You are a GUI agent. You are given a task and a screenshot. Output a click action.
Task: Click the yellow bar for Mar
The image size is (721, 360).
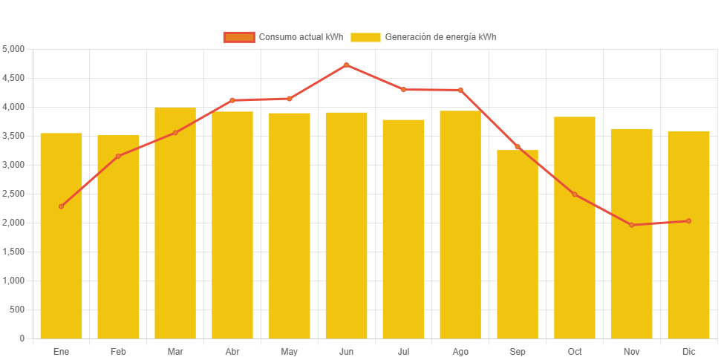coord(175,223)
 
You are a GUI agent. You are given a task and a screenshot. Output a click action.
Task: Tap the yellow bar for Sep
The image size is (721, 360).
coord(518,244)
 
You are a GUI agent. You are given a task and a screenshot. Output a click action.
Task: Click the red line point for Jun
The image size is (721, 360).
coord(346,65)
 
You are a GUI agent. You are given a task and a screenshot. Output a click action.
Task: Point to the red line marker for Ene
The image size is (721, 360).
coord(61,206)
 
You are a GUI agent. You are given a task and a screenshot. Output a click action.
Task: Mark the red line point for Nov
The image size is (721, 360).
coord(632,225)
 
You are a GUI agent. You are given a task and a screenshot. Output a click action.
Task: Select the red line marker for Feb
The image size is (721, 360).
coord(118,156)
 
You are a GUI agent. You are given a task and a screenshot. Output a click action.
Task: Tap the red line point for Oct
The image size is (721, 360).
coord(575,194)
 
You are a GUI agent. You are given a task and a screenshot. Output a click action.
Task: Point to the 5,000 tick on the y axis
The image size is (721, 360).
coord(14,49)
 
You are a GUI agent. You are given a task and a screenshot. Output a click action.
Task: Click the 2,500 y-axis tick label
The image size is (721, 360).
coord(14,194)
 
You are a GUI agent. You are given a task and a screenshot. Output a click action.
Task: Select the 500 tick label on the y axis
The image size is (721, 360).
coord(18,310)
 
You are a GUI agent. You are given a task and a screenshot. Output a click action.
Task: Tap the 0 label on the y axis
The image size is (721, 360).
coord(22,338)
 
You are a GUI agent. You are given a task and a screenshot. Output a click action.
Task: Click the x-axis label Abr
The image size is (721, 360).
coord(232,351)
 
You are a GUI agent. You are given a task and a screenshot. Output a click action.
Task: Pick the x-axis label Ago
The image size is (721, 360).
coord(460,351)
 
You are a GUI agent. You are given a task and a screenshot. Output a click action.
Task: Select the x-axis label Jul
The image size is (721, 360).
coord(403,351)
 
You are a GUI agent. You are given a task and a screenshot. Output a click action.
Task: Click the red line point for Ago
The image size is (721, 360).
coord(460,90)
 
